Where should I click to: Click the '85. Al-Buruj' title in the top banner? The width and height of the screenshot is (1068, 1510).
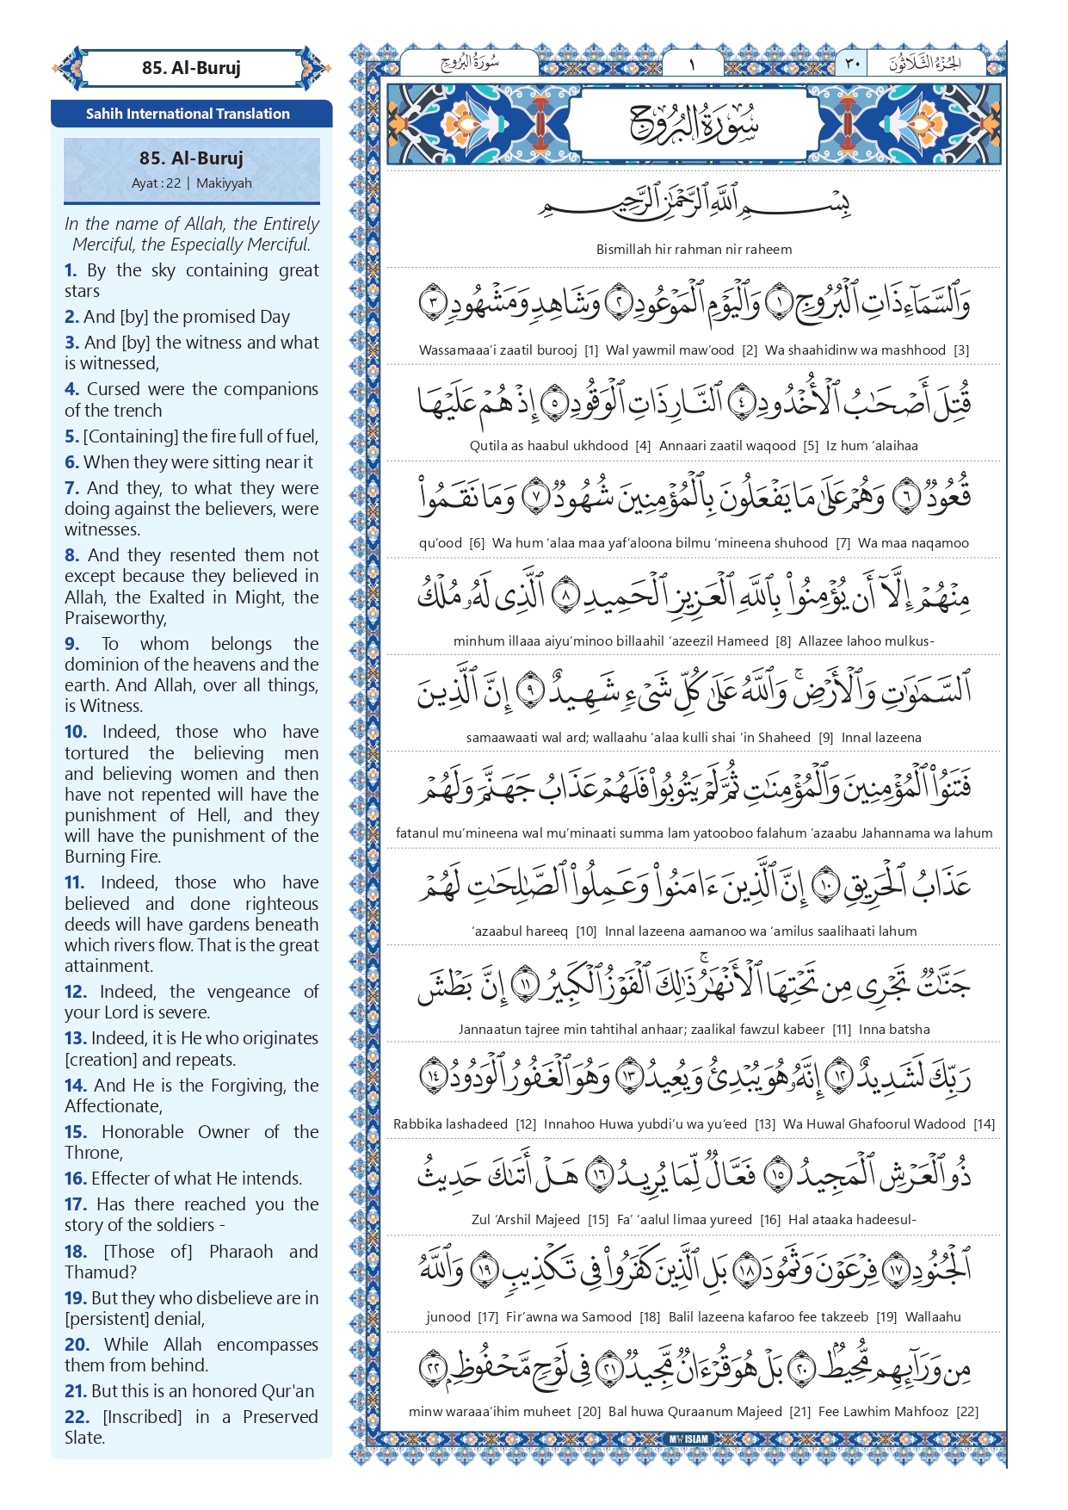point(191,68)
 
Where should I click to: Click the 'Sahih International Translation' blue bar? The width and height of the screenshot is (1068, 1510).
point(188,114)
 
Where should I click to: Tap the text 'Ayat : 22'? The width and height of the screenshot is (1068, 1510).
point(156,183)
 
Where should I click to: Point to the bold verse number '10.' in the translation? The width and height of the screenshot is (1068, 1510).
point(76,732)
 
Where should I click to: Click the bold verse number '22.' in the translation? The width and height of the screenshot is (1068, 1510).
point(77,1417)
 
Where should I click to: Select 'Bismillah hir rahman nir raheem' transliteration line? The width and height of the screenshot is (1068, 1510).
point(694,250)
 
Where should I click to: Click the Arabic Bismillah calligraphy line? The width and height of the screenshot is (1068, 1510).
point(694,205)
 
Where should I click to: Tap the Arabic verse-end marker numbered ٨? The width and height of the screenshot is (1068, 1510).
point(565,595)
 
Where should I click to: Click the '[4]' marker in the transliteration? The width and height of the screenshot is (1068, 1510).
point(643,446)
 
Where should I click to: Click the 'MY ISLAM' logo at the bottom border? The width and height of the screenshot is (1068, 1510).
point(689,1439)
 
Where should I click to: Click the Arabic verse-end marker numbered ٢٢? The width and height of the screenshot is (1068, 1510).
point(433,1367)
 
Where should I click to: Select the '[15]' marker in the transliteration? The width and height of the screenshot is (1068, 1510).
point(598,1220)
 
